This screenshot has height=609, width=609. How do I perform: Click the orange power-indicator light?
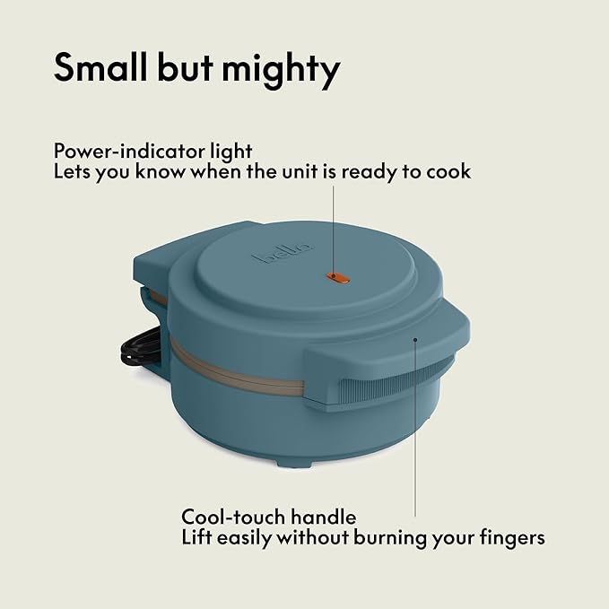point(338,277)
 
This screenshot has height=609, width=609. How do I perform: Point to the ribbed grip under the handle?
point(393,379)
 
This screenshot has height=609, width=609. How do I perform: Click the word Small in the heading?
point(101,68)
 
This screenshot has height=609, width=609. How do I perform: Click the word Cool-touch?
point(233,517)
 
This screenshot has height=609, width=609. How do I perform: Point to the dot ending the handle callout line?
point(415,340)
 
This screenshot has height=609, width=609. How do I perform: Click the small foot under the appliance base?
point(294,464)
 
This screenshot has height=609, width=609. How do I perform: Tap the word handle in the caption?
point(323,517)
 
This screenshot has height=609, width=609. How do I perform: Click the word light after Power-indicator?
point(231,152)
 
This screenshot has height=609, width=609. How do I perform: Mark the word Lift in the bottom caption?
point(196,537)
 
